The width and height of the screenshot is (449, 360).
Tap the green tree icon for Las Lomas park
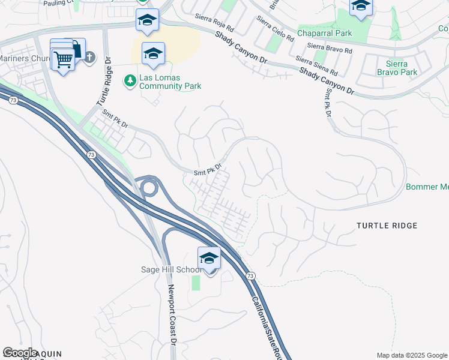tap(129, 79)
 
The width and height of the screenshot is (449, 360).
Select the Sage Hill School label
tap(170, 269)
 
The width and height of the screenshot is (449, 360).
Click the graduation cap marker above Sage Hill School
tap(209, 258)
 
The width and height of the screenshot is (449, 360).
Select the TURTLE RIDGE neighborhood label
tap(387, 226)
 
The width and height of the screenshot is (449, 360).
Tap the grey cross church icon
tap(89, 58)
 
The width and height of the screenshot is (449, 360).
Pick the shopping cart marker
tap(62, 59)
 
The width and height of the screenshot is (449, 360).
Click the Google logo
tap(20, 352)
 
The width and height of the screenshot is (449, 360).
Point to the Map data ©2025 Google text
tap(411, 355)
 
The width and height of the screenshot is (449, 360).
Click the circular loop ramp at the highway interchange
tap(149, 188)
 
